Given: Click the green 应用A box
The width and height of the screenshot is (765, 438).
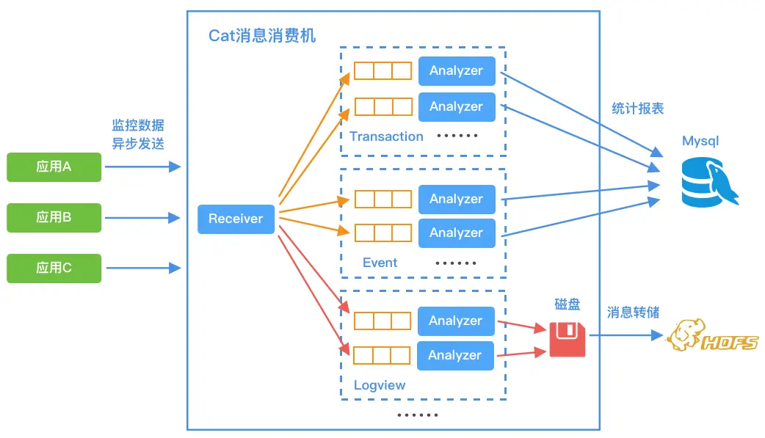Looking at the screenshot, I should pyautogui.click(x=54, y=167).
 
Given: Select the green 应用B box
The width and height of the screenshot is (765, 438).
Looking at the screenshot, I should pyautogui.click(x=54, y=217).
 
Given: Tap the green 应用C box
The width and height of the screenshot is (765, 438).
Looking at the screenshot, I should pyautogui.click(x=54, y=268).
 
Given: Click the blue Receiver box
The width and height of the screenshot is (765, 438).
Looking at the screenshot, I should pyautogui.click(x=236, y=219).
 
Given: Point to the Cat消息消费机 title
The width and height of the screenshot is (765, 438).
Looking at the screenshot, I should pyautogui.click(x=262, y=36).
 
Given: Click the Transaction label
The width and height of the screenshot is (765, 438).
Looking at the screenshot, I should pyautogui.click(x=386, y=136).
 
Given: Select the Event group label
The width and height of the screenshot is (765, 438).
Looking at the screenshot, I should pyautogui.click(x=380, y=263).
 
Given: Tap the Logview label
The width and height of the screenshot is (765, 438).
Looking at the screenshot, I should pyautogui.click(x=379, y=385).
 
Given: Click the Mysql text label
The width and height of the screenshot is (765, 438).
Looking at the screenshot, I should pyautogui.click(x=700, y=141).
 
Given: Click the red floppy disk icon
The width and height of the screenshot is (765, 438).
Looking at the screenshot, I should pyautogui.click(x=568, y=339).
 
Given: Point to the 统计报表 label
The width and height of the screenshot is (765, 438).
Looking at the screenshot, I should pyautogui.click(x=637, y=109).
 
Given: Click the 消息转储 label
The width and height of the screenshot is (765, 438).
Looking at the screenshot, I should pyautogui.click(x=632, y=313).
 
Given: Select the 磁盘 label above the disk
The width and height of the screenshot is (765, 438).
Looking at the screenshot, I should pyautogui.click(x=568, y=304).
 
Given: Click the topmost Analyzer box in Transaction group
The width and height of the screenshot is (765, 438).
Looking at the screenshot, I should pyautogui.click(x=456, y=70).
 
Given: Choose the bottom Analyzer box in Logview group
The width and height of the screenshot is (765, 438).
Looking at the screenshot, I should pyautogui.click(x=454, y=355).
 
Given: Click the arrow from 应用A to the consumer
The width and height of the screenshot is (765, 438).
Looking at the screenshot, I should pyautogui.click(x=142, y=167).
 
